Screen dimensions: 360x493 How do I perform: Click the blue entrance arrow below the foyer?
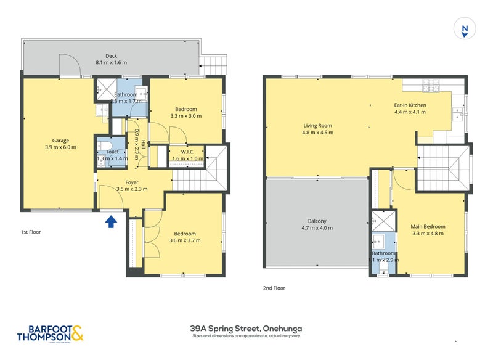[x=111, y=221]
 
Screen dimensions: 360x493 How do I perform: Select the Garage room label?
[x=60, y=140]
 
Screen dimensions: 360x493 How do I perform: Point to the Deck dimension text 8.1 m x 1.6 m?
[x=111, y=63]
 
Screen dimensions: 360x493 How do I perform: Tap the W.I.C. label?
[x=188, y=152]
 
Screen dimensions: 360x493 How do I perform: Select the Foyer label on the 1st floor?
[x=132, y=182]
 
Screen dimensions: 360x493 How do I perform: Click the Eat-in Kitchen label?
[x=410, y=105]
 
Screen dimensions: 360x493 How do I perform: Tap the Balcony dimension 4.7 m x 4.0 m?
[x=317, y=228]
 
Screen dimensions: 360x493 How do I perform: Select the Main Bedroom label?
[x=428, y=227]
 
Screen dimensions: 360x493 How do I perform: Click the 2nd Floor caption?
[x=274, y=288]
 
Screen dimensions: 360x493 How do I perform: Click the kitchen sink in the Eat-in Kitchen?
[x=457, y=113]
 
